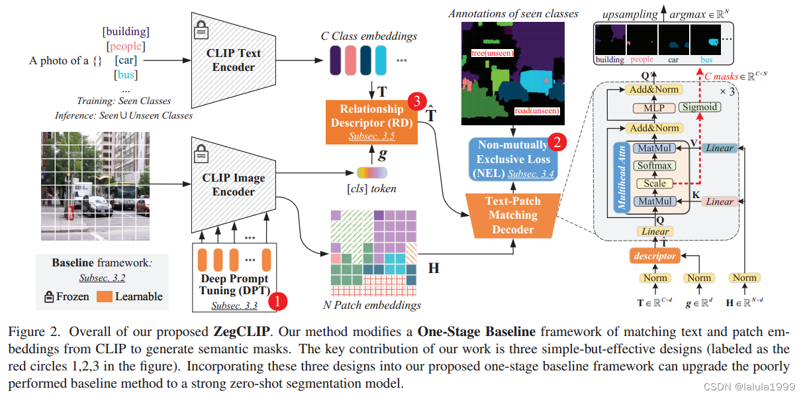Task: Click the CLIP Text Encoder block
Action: point(232,60)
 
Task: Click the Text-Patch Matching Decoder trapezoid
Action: point(512,214)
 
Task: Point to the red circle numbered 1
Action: point(279,302)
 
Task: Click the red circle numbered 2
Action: point(558,141)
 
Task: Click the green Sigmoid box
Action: point(699,107)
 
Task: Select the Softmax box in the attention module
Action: point(654,166)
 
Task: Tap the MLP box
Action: point(653,107)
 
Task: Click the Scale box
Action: point(654,184)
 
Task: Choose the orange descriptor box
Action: point(655,256)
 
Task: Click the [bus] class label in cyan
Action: point(126,75)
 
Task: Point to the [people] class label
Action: point(126,46)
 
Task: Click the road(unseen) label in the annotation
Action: point(536,111)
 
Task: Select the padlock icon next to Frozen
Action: point(49,296)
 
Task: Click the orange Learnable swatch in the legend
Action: point(105,296)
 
